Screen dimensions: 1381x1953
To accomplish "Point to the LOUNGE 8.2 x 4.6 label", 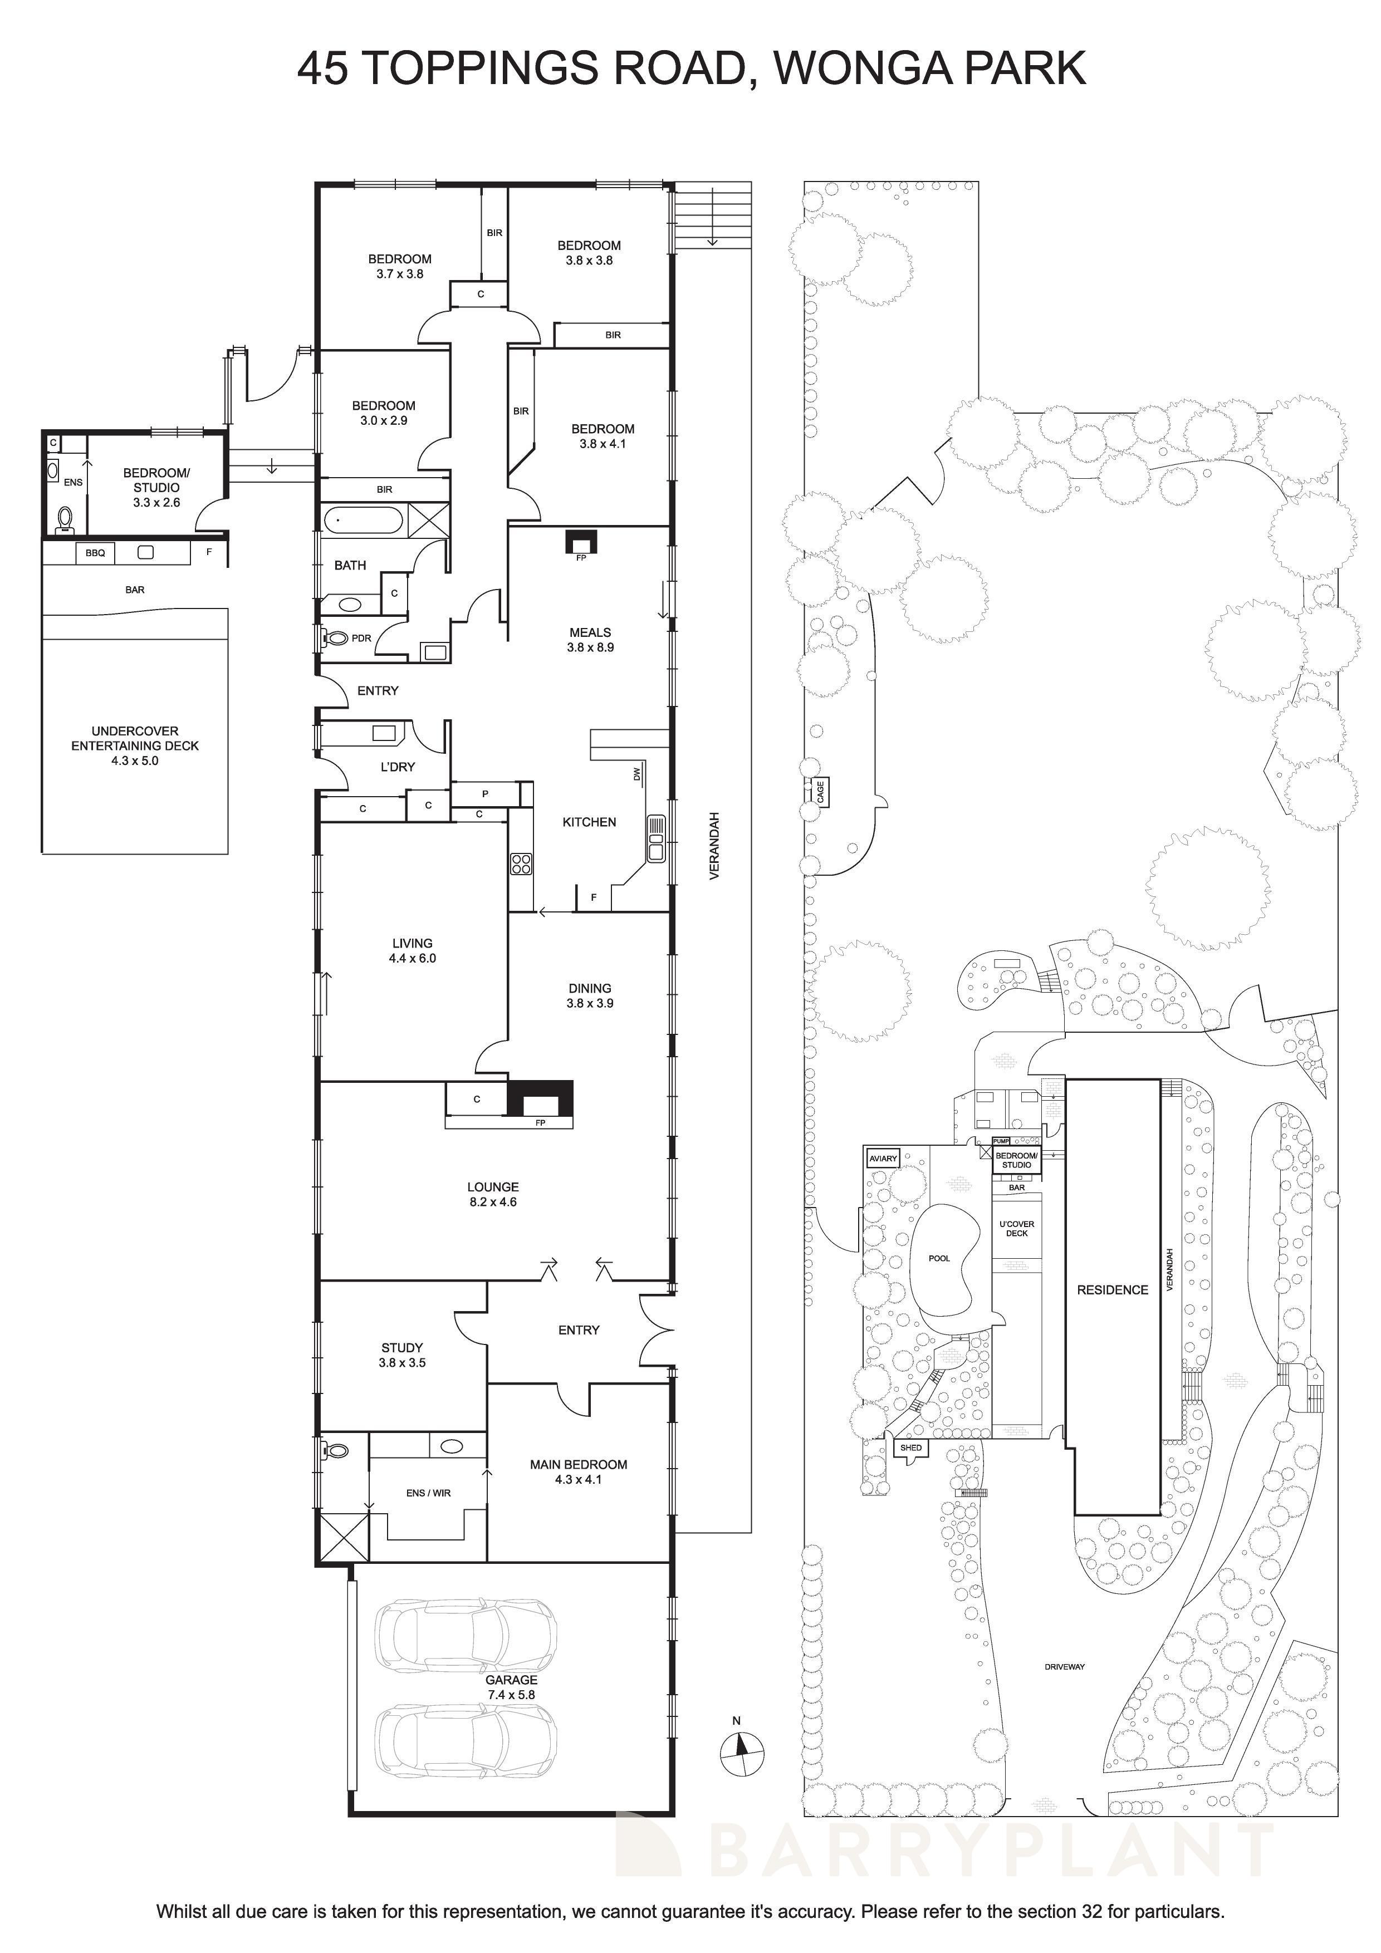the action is [493, 1194].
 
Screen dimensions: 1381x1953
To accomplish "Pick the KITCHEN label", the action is [589, 822].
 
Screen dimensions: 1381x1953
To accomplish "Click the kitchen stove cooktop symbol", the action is [521, 864].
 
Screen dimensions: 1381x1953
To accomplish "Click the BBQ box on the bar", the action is [95, 553].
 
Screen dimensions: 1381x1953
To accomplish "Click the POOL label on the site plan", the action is [939, 1258].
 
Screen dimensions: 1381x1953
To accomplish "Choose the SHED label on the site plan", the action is [912, 1447].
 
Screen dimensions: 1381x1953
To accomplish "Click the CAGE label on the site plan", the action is [820, 793].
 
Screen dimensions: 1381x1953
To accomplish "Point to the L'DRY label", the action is [398, 767].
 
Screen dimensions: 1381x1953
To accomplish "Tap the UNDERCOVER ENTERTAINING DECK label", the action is [134, 745].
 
